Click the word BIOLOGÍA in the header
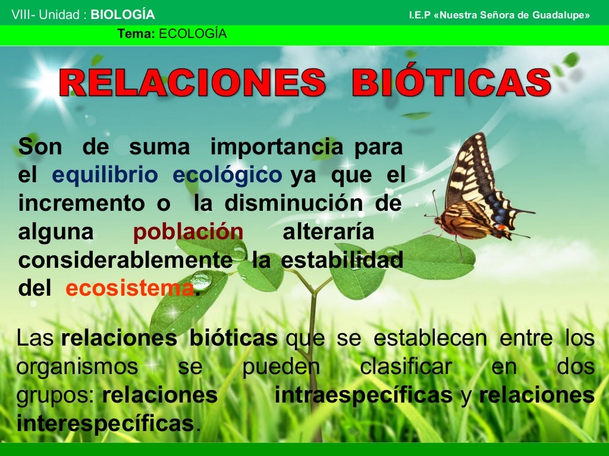tap(123, 15)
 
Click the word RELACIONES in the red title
tap(192, 84)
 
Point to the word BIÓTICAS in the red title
tap(451, 84)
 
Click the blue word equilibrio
tap(105, 175)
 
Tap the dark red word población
tap(188, 232)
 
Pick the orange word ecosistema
tap(130, 289)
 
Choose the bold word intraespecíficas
tap(363, 395)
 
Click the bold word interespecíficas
tap(105, 424)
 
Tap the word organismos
tap(77, 367)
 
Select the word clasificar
tap(406, 367)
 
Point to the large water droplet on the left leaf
tap(201, 278)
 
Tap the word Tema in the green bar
tap(136, 34)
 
